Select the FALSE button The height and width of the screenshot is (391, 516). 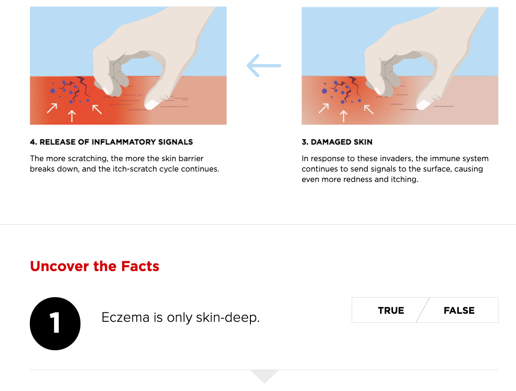click(x=459, y=310)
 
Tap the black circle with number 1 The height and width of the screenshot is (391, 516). click(x=55, y=324)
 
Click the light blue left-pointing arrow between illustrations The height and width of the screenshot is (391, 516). click(x=264, y=65)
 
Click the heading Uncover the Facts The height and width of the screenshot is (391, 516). click(x=95, y=266)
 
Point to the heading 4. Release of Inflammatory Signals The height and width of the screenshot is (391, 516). click(x=111, y=142)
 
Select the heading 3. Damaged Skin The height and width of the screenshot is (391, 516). click(x=337, y=142)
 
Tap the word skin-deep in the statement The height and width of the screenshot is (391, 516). click(x=228, y=318)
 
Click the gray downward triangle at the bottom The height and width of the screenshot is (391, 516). click(x=264, y=375)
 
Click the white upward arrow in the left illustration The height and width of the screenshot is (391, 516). click(x=72, y=116)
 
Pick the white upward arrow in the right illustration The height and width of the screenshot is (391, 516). click(x=344, y=116)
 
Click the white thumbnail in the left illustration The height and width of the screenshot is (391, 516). click(x=151, y=105)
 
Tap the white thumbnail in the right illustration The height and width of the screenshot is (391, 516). click(x=423, y=105)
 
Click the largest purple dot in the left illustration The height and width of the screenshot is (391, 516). click(x=53, y=91)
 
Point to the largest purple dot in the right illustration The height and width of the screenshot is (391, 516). click(x=324, y=91)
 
